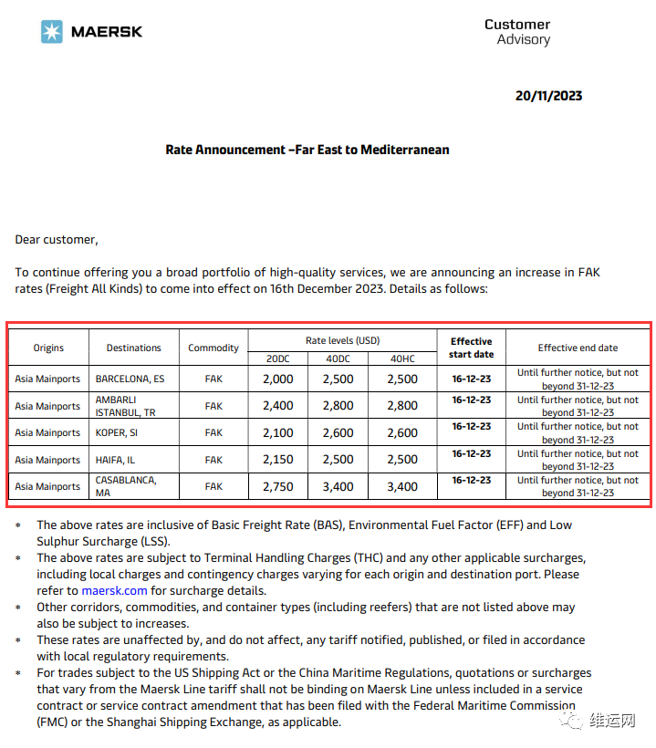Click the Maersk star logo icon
pos(52,32)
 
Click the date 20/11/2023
pos(548,96)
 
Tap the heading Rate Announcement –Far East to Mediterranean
pos(307,150)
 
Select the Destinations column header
pos(133,348)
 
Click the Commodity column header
pos(213,348)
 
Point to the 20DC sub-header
pos(277,358)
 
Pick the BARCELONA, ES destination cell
pos(130,379)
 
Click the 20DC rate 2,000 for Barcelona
pos(277,379)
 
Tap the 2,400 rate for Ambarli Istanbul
pos(277,406)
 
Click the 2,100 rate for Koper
pos(277,432)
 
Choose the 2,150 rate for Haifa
pos(277,460)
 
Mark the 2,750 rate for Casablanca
pos(277,486)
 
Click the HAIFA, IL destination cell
pos(116,460)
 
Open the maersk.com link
pos(114,590)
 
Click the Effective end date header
pos(578,348)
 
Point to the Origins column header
pos(48,348)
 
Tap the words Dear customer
pos(56,240)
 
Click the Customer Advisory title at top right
pos(517,32)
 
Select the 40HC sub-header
pos(401,358)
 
